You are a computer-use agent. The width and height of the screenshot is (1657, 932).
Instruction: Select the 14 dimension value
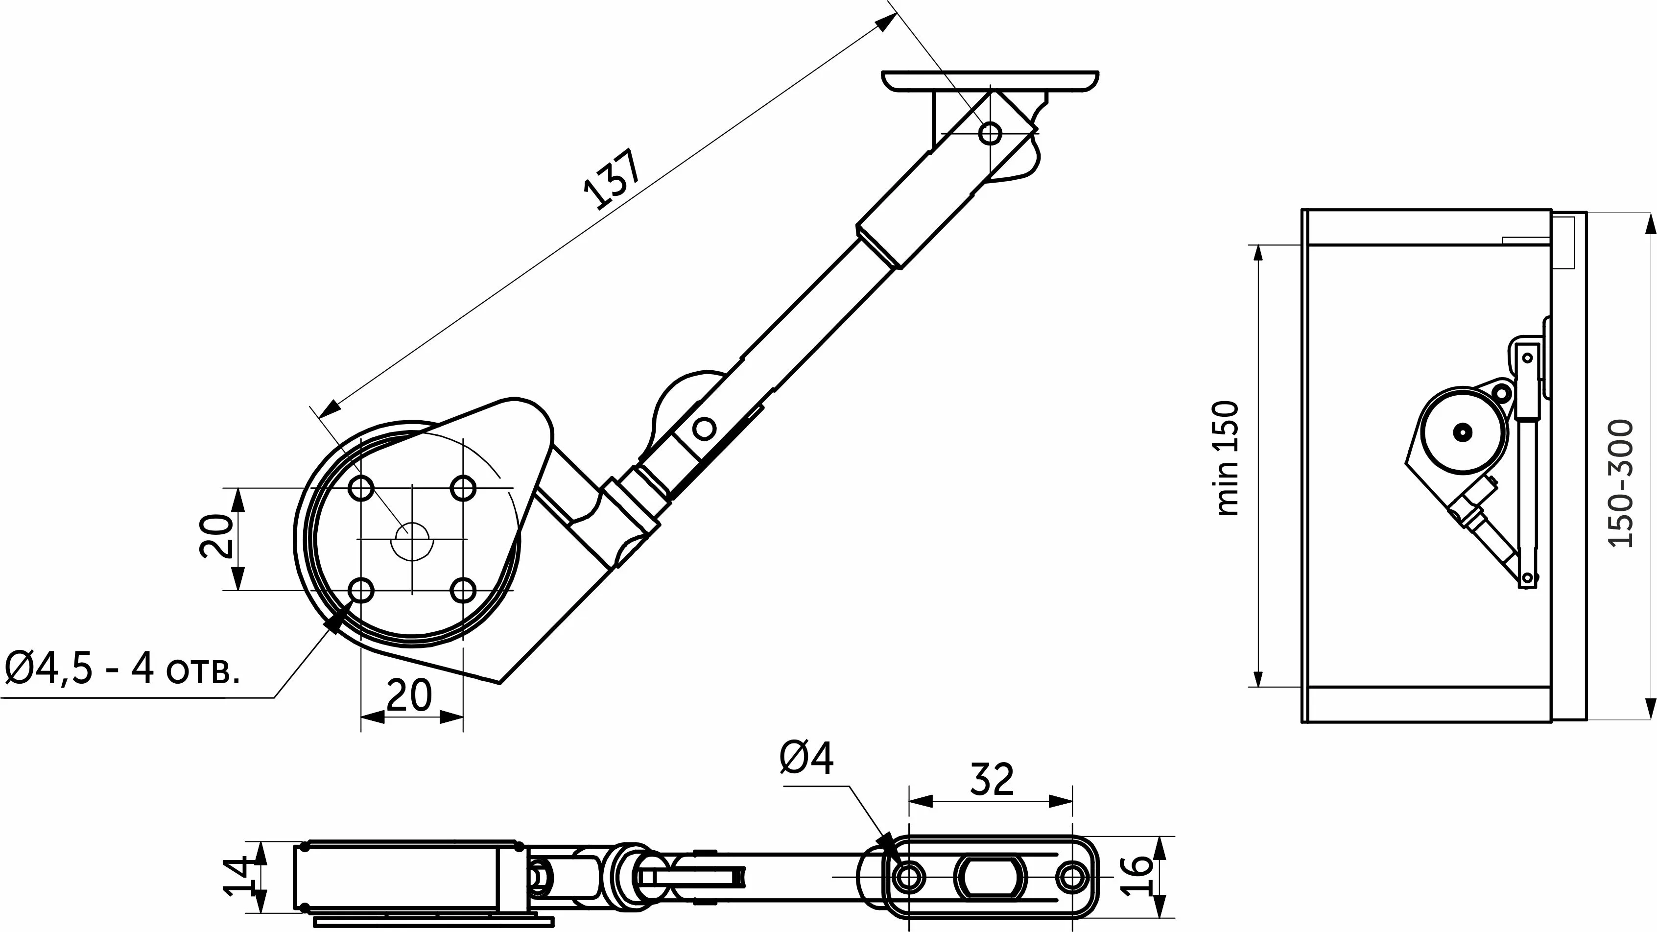pos(236,876)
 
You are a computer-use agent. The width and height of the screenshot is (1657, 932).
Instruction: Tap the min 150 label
pos(1227,457)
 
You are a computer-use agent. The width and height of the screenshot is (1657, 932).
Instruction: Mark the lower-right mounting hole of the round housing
pos(463,589)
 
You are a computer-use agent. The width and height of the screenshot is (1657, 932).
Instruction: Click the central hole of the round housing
pos(412,540)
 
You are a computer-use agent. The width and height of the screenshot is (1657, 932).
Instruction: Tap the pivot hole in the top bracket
pos(990,134)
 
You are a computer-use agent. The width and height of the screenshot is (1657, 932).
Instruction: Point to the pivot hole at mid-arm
pos(704,427)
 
